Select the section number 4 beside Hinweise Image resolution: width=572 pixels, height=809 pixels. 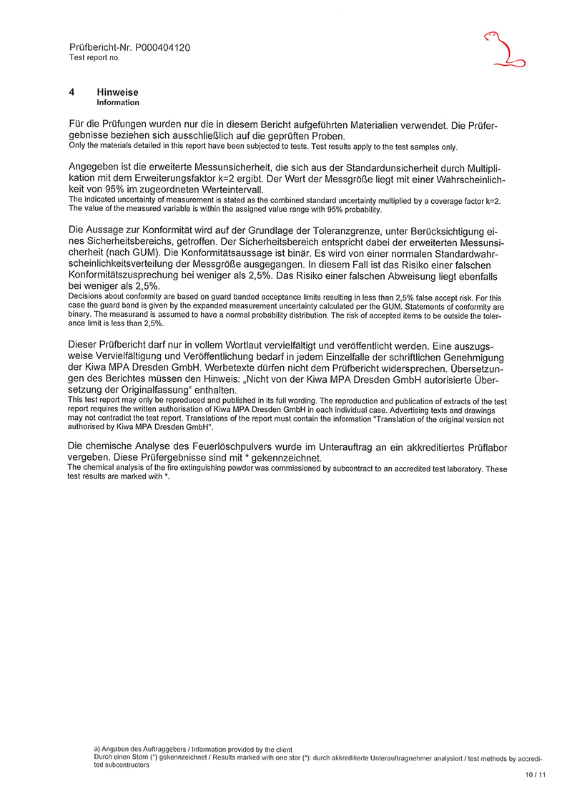point(71,92)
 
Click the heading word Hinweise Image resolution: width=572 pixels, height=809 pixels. point(117,92)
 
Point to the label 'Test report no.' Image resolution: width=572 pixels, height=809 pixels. point(94,57)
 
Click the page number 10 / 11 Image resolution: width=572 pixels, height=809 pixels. point(535,775)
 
